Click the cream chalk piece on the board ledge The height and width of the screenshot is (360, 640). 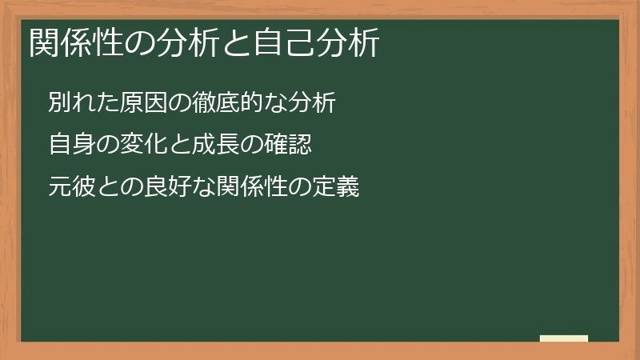564,338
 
